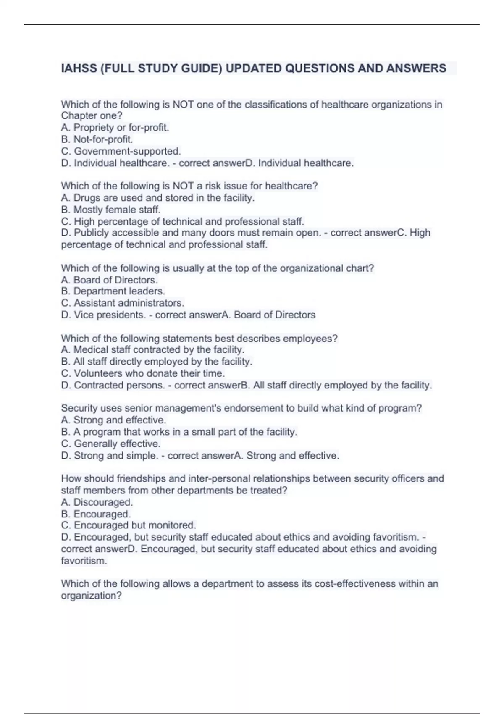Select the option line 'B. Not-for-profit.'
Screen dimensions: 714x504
[x=97, y=139]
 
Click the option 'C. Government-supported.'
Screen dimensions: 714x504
[x=121, y=151]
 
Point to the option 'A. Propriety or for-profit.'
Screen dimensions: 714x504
[x=115, y=128]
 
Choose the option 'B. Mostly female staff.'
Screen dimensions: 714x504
[x=111, y=210]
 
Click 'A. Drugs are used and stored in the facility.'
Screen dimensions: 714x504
[x=158, y=198]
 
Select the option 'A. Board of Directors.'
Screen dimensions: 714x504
[x=110, y=280]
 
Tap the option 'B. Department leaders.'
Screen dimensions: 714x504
[x=113, y=291]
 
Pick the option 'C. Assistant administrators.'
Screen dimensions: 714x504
[x=123, y=303]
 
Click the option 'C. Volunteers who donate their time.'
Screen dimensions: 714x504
[x=143, y=373]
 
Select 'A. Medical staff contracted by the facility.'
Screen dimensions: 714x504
[x=153, y=350]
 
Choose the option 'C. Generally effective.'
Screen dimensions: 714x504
[x=111, y=444]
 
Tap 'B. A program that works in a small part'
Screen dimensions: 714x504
[x=179, y=432]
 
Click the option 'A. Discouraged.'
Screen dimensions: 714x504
[x=97, y=502]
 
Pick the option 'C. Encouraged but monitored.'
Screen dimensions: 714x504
[x=129, y=525]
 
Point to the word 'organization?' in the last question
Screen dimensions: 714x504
[x=92, y=596]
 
